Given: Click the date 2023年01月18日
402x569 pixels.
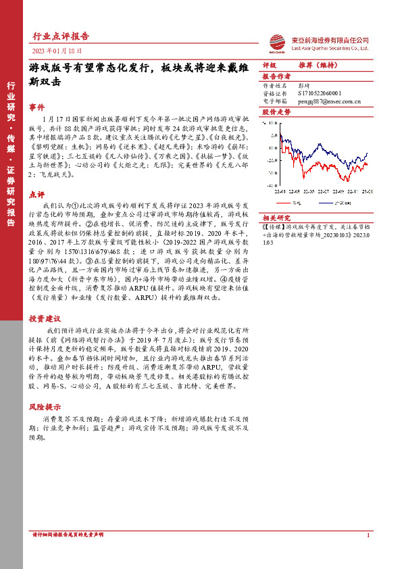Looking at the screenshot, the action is [56, 51].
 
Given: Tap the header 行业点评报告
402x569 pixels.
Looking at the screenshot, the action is [61, 36].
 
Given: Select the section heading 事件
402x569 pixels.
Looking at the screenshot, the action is [36, 107].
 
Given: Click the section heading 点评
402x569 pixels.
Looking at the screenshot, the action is [36, 193].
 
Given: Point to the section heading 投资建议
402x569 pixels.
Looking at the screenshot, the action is [45, 318].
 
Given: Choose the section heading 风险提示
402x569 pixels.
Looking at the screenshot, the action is [45, 407].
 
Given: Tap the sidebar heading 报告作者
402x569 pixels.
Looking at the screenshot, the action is [276, 77].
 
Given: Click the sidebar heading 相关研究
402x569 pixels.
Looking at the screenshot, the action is [276, 218].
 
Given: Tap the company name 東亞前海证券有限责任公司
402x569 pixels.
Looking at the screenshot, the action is [330, 40].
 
